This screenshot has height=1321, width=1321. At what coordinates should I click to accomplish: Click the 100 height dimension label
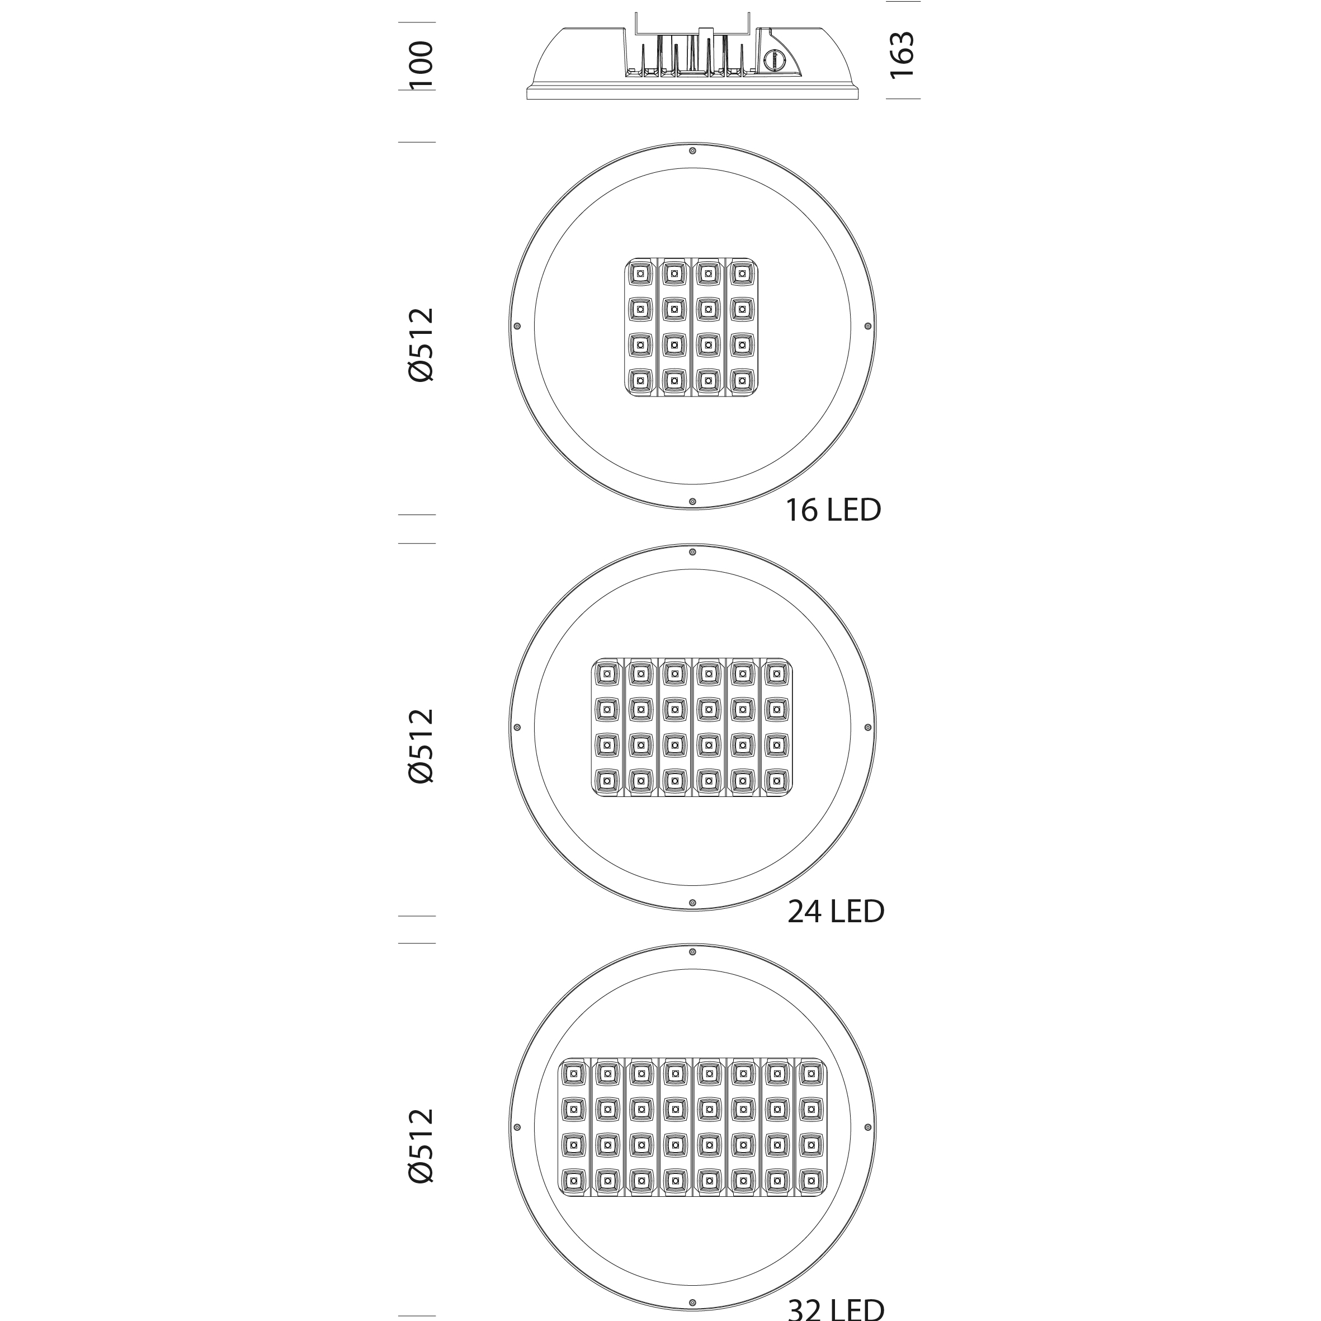pos(422,65)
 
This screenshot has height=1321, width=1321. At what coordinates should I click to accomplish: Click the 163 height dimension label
pos(902,55)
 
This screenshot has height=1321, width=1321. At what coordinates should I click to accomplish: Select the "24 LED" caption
pos(836,912)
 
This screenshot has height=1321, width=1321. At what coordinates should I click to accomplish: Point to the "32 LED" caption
pos(836,1309)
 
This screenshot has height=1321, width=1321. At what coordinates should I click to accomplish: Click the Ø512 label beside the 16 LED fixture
pos(421,345)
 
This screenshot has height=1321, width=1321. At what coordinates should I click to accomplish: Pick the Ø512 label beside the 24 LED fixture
pos(421,746)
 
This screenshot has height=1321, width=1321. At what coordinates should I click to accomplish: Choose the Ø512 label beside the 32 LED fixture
pos(421,1145)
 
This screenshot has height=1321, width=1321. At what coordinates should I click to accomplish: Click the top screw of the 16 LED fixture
pos(692,150)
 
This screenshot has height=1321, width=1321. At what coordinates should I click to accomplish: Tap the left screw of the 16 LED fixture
pos(517,326)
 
